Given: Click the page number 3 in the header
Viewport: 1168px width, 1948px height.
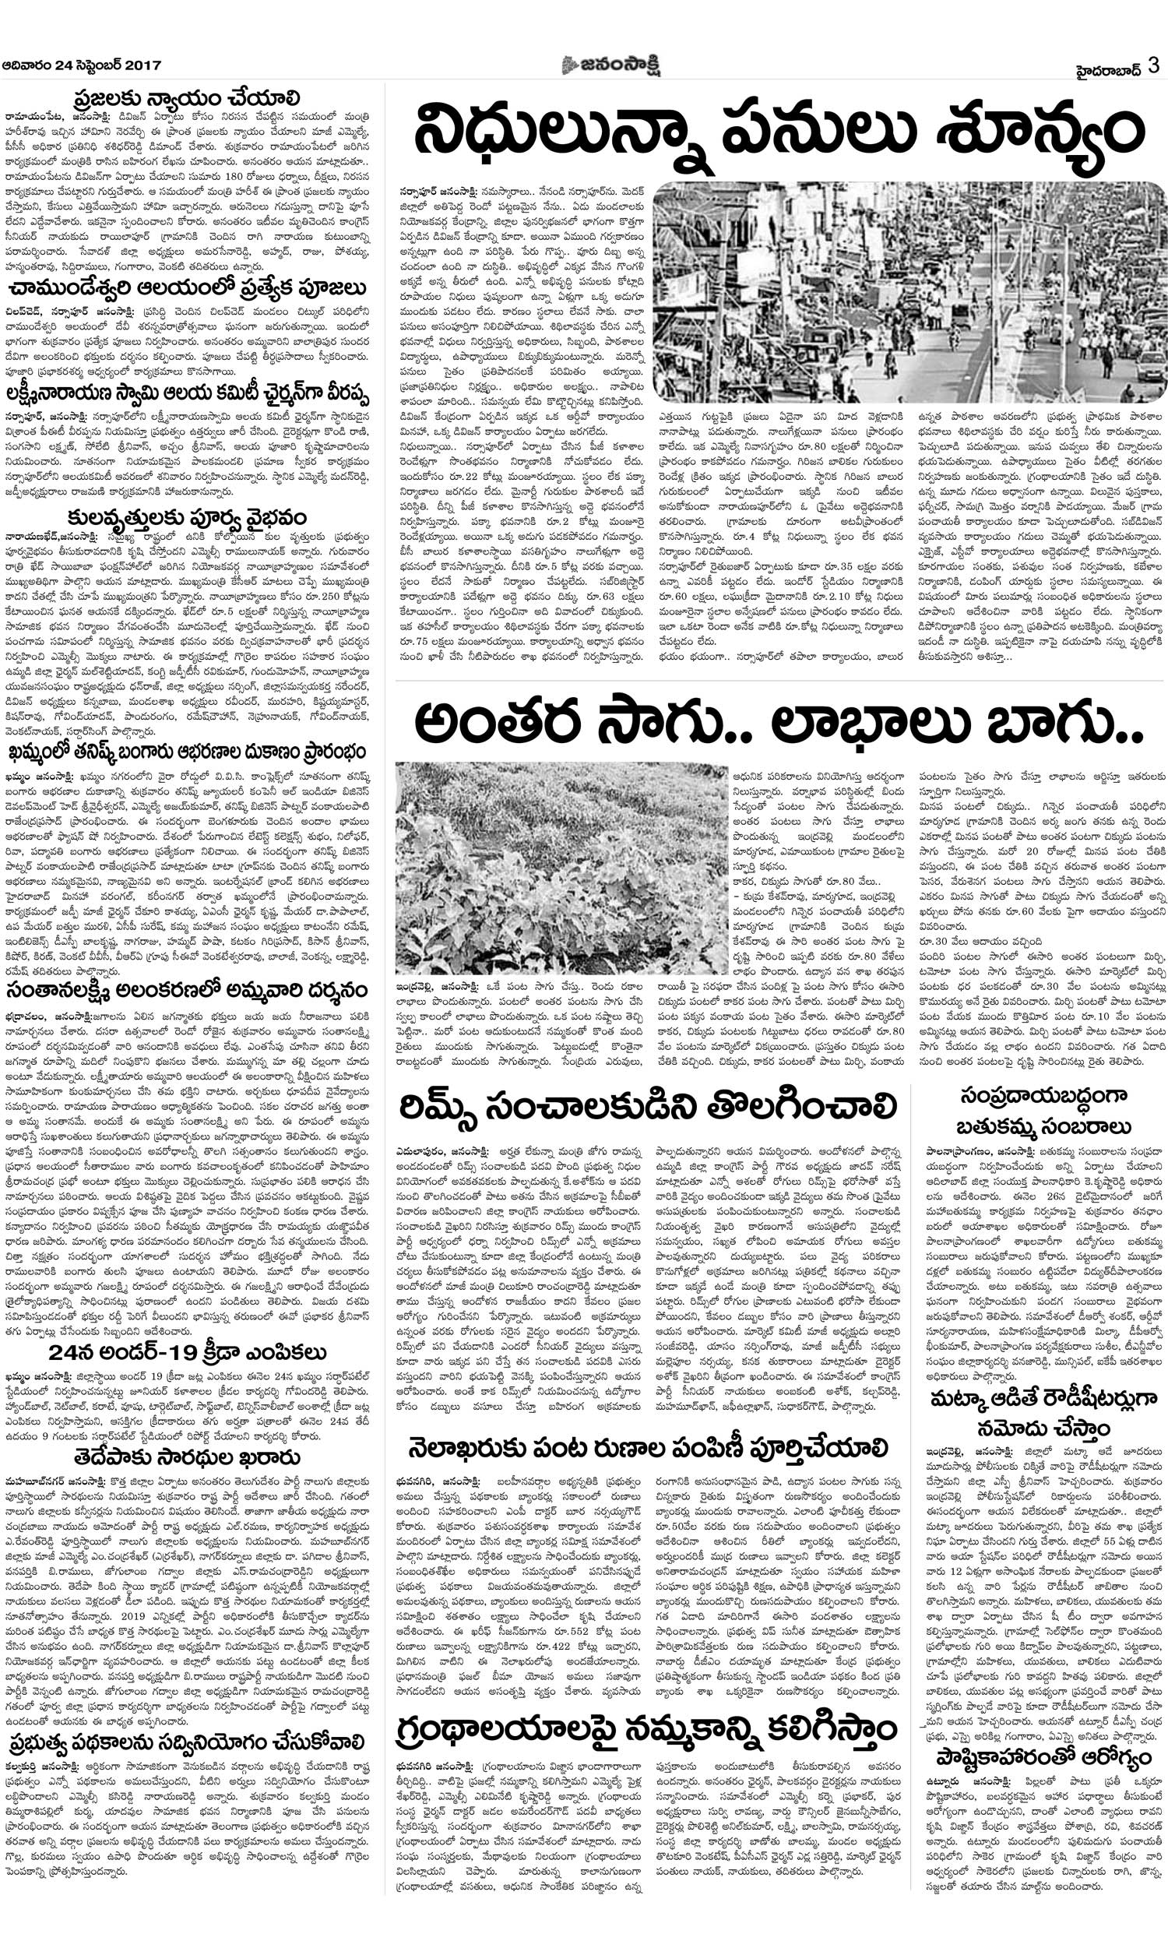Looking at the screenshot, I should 1153,65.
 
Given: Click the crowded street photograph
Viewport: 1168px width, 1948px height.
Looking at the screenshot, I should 909,293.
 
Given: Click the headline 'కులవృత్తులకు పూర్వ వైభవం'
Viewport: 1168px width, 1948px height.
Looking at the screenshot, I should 187,519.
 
